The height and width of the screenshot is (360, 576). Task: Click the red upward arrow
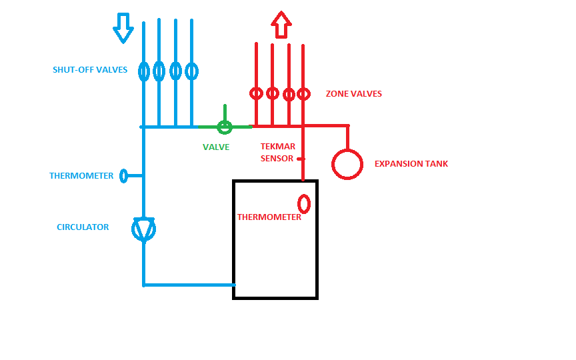click(281, 25)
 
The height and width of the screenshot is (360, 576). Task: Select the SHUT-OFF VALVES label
click(90, 70)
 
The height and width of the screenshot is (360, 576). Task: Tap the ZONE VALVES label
click(353, 94)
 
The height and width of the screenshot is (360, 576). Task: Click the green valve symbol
click(225, 126)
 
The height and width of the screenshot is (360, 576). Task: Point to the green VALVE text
click(216, 147)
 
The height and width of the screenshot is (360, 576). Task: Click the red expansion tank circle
click(347, 163)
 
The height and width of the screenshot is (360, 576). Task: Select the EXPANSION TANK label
click(411, 164)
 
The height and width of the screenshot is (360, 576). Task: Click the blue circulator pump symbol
click(143, 229)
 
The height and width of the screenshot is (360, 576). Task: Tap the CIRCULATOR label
click(83, 227)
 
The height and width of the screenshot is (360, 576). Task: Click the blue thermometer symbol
click(123, 176)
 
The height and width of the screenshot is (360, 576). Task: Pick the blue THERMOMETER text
click(81, 176)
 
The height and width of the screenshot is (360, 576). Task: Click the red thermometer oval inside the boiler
click(304, 203)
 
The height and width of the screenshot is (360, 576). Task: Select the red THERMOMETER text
click(269, 217)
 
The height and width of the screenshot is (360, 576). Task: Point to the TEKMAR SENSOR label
click(277, 153)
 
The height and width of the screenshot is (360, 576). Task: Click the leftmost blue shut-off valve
click(143, 71)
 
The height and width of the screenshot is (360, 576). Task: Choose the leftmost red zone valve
click(256, 93)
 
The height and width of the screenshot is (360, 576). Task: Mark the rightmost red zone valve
click(303, 94)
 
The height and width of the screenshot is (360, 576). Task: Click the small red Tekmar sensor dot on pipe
click(300, 159)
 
